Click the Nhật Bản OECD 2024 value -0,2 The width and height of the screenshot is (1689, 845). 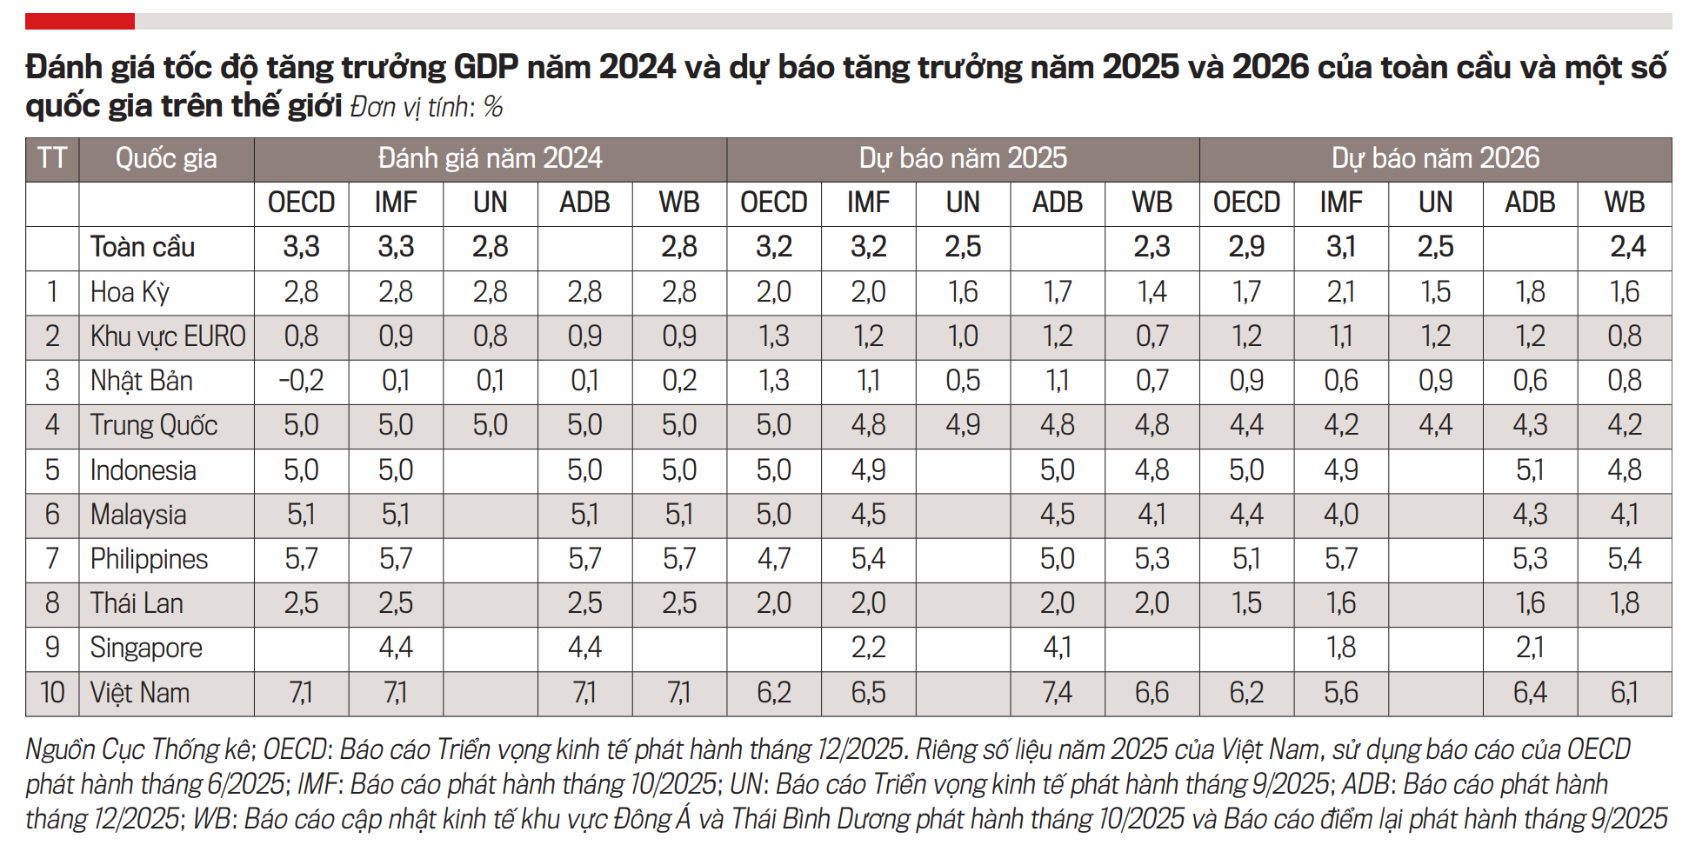tap(301, 381)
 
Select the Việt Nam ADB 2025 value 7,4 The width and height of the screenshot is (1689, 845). tap(1058, 693)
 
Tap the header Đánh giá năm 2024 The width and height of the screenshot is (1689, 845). tap(490, 158)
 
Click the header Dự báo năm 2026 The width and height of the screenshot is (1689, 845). tap(1435, 158)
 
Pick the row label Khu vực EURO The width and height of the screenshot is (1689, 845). tap(168, 336)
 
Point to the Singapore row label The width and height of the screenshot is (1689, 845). tap(146, 649)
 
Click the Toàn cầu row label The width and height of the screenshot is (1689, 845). tap(143, 248)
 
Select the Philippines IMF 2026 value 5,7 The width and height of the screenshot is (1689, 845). tap(1340, 559)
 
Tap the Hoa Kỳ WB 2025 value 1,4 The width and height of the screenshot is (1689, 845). tap(1152, 292)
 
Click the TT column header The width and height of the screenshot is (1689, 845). tap(52, 158)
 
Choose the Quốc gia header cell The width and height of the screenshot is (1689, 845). tap(166, 158)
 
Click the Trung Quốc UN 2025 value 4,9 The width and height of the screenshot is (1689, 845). tap(963, 425)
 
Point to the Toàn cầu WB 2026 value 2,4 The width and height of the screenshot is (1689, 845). tap(1627, 248)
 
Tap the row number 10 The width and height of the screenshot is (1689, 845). tap(52, 693)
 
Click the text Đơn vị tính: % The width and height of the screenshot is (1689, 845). tap(426, 107)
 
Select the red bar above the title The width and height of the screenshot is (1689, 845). tap(79, 21)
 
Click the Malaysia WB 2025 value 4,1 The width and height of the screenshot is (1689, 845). tap(1152, 515)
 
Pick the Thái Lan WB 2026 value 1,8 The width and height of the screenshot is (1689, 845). tap(1624, 603)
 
